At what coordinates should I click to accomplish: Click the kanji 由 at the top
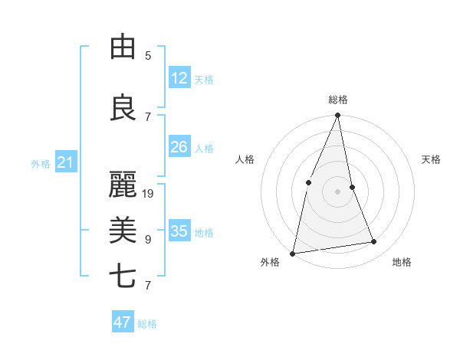(x=123, y=47)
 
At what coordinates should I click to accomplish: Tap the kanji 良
(x=123, y=108)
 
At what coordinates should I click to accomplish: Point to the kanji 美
(x=123, y=230)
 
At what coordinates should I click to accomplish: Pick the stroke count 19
(x=149, y=194)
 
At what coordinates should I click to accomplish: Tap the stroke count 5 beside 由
(x=148, y=56)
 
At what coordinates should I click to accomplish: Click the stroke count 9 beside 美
(x=148, y=240)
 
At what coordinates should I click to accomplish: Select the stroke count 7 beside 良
(x=148, y=117)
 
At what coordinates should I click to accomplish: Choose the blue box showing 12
(x=179, y=77)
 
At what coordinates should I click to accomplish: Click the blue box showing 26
(x=179, y=147)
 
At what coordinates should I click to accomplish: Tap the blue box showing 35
(x=179, y=231)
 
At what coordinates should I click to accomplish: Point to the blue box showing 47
(x=123, y=322)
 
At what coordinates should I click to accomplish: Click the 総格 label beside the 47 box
(x=147, y=324)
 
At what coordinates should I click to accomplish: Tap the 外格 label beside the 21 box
(x=41, y=164)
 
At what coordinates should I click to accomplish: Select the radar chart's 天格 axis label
(x=432, y=159)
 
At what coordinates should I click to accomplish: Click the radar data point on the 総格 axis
(x=337, y=116)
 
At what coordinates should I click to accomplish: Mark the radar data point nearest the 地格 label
(x=374, y=242)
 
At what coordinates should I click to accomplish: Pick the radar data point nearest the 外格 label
(x=293, y=253)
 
